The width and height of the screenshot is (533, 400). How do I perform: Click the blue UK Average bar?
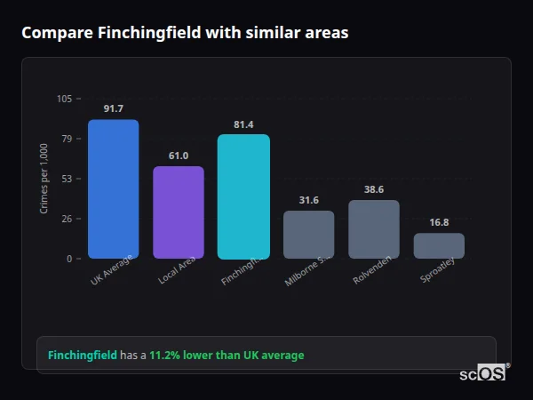(x=113, y=189)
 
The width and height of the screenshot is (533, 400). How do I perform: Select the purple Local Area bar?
(x=179, y=212)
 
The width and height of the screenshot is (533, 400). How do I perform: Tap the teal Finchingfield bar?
(x=243, y=196)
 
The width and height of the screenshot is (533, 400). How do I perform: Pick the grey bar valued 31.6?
(x=308, y=235)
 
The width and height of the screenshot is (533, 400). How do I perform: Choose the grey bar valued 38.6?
(x=374, y=229)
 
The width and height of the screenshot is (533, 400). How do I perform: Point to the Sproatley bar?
(x=439, y=246)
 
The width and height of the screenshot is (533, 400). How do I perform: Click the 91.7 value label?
(x=113, y=109)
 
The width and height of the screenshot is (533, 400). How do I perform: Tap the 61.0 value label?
(x=179, y=156)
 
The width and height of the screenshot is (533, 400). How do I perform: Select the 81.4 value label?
(x=243, y=124)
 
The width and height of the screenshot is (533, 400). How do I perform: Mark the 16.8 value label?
(x=439, y=223)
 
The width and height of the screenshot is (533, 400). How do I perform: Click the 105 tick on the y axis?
(x=64, y=99)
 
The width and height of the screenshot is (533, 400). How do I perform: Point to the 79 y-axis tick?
(x=67, y=139)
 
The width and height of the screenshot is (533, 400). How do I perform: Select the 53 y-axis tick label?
(x=67, y=179)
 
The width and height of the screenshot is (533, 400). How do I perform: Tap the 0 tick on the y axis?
(x=69, y=259)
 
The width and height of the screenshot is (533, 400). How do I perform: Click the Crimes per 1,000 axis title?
(x=44, y=179)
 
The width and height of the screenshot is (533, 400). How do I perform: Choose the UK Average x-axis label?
(x=112, y=270)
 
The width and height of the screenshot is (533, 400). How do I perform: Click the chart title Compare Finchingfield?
(x=185, y=33)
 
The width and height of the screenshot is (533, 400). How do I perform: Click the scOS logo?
(x=483, y=373)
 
